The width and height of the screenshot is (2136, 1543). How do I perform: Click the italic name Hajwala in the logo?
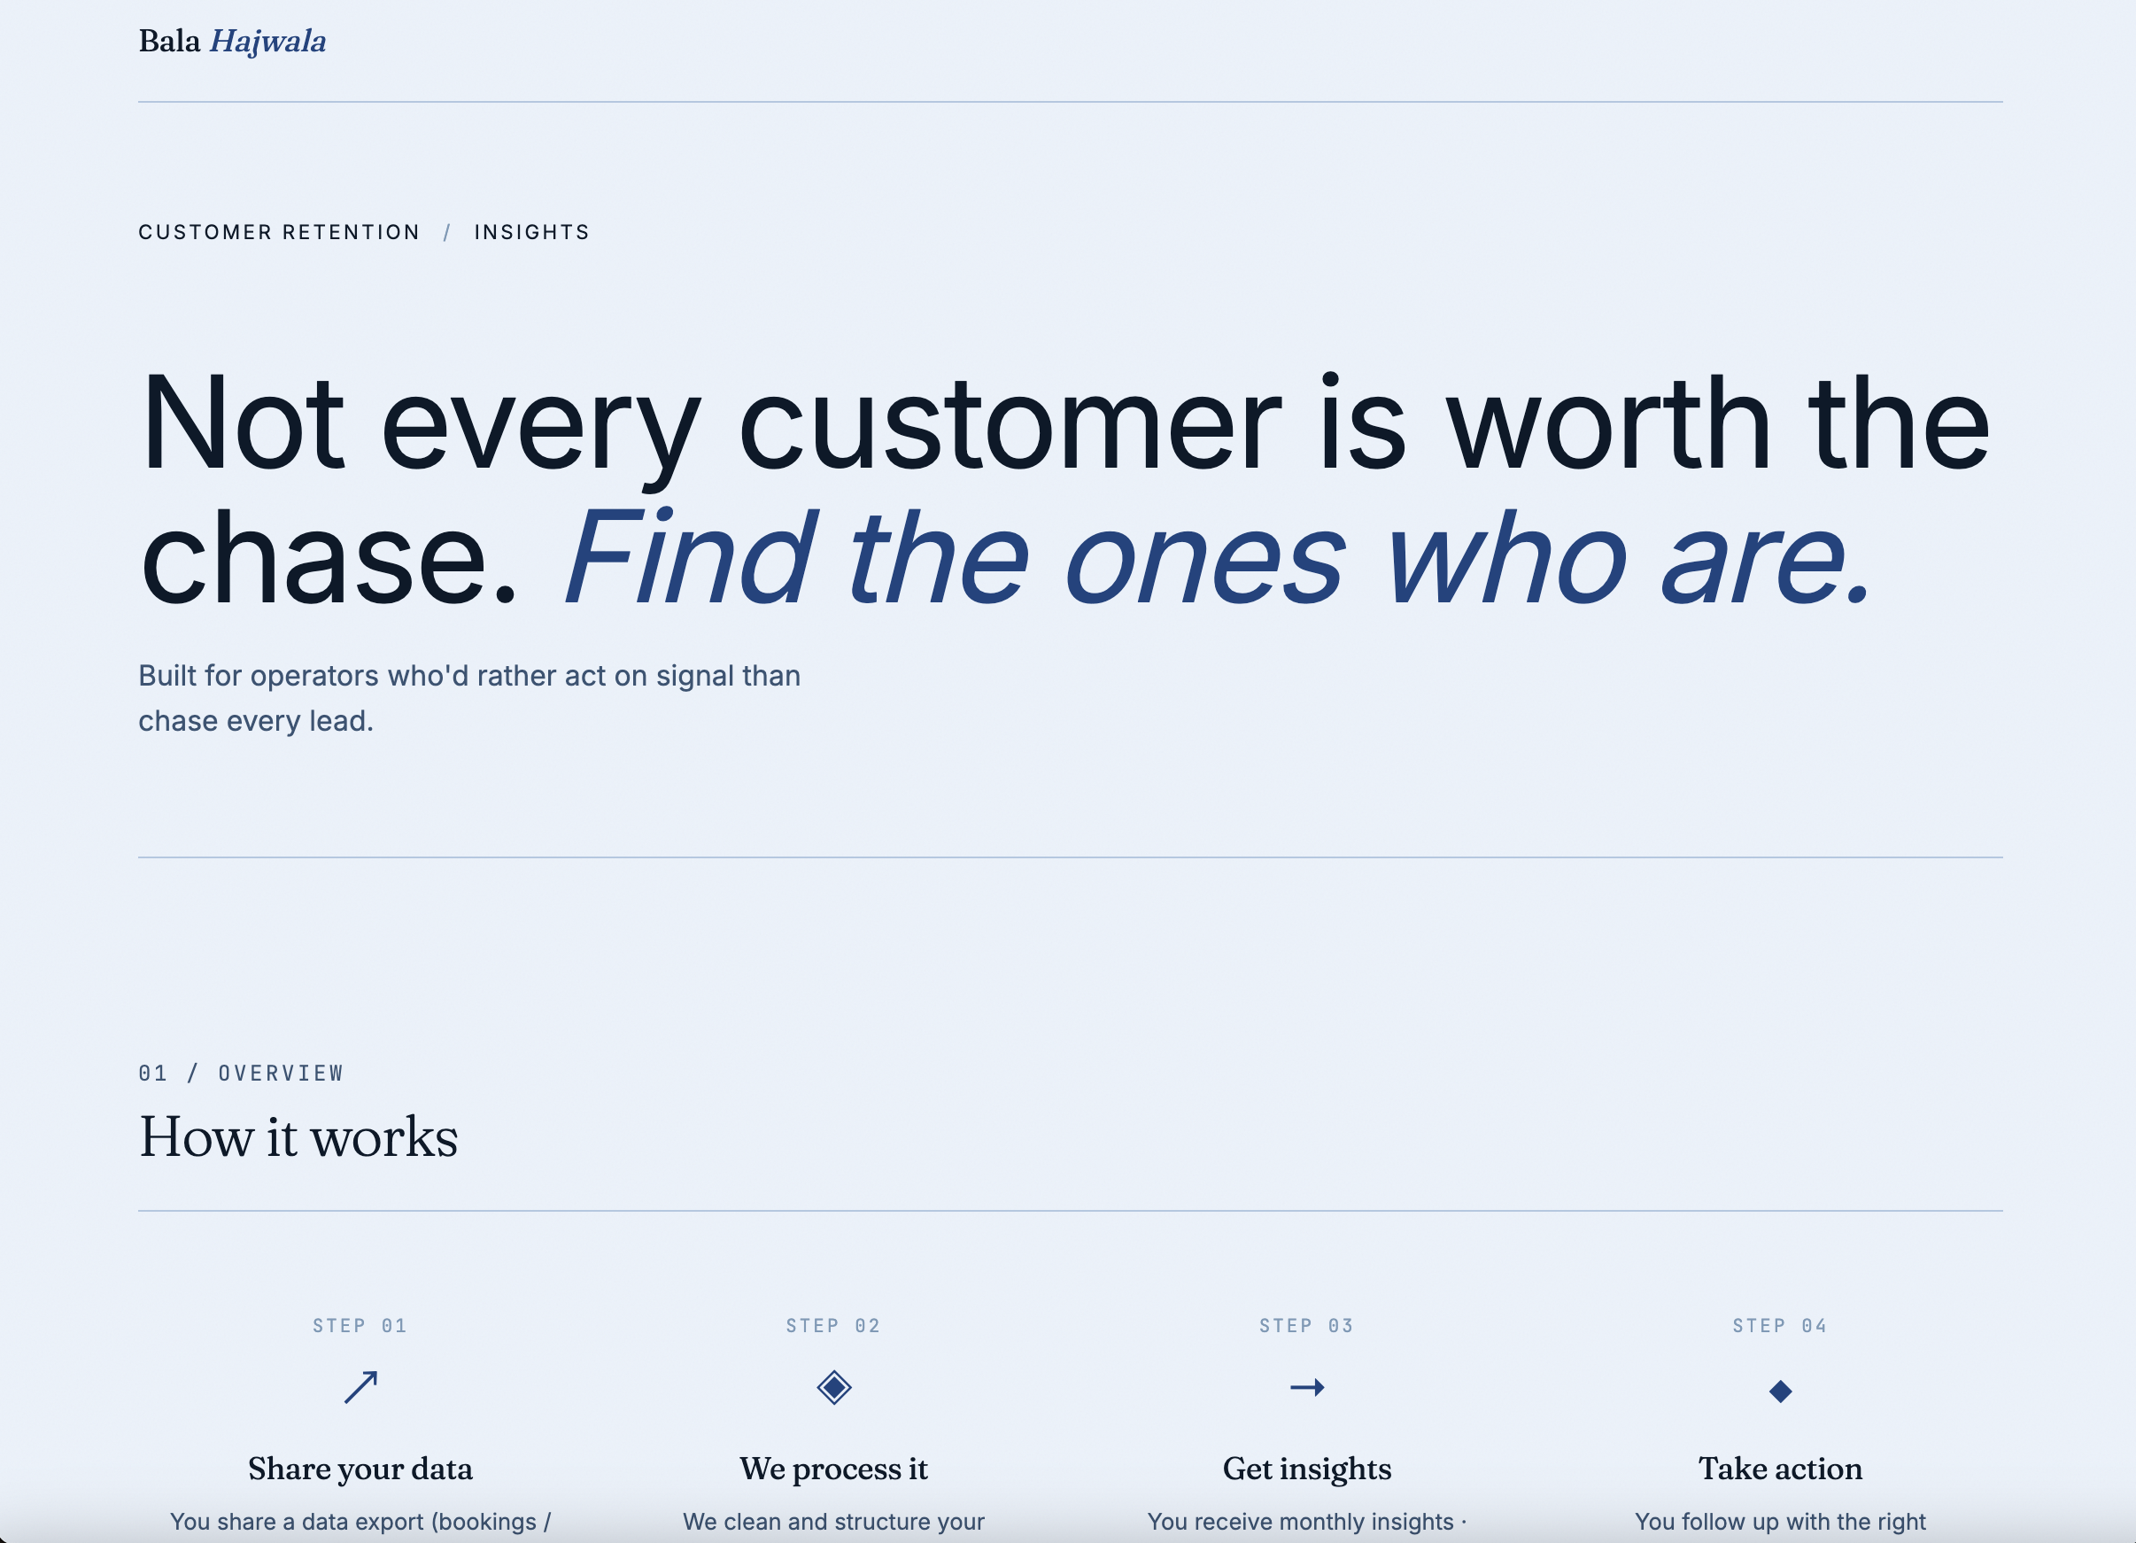tap(267, 43)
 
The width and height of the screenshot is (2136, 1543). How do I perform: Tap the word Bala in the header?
tap(169, 42)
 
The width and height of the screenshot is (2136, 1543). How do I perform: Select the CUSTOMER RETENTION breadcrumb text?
tap(279, 233)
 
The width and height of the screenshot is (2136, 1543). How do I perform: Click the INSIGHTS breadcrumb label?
tap(532, 233)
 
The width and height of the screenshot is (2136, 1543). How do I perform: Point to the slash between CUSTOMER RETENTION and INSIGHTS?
tap(447, 233)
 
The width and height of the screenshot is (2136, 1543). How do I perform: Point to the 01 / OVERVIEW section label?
tap(241, 1074)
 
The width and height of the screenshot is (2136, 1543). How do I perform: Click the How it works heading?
tap(298, 1137)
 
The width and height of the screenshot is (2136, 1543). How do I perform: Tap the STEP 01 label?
tap(360, 1326)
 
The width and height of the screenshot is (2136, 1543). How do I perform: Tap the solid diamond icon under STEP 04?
tap(1781, 1392)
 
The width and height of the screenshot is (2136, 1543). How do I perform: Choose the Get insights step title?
tap(1307, 1469)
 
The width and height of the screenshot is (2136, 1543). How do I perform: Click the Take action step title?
tap(1781, 1469)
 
